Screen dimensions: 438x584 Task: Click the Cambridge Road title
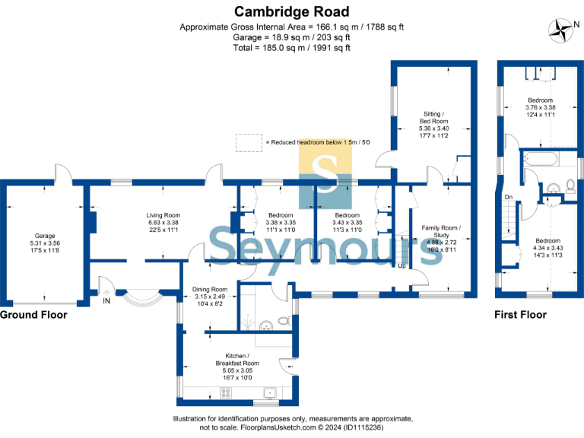click(x=292, y=11)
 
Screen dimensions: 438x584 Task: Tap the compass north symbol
click(x=563, y=30)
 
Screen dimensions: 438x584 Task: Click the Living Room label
click(x=163, y=215)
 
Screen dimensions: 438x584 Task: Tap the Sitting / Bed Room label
click(x=436, y=117)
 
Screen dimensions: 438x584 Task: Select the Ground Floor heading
click(x=33, y=314)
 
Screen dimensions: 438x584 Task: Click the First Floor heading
click(x=520, y=314)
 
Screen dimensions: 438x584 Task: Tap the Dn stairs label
click(x=508, y=197)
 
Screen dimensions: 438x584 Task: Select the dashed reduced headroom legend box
click(x=247, y=142)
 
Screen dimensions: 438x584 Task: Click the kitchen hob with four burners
click(x=226, y=392)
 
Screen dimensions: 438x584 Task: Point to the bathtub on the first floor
click(x=541, y=160)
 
